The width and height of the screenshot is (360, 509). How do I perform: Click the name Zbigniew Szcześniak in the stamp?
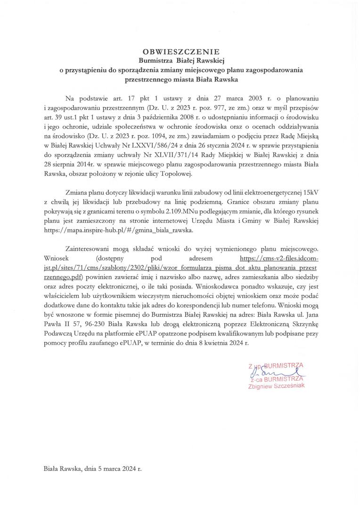point(276,386)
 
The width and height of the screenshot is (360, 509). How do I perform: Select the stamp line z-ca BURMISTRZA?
point(276,378)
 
